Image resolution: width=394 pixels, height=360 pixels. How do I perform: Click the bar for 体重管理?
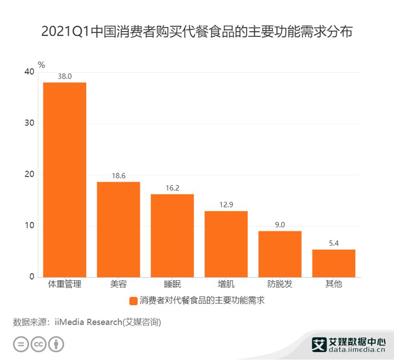tap(64, 180)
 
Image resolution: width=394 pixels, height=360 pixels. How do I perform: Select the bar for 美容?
tap(118, 229)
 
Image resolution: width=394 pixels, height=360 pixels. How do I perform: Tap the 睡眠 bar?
tap(172, 235)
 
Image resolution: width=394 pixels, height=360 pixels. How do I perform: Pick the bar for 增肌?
tap(226, 244)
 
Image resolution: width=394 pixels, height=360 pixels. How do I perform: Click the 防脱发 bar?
tap(280, 254)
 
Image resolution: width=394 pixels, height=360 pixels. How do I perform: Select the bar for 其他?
tap(333, 263)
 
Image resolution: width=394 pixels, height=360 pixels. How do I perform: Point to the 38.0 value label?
tap(64, 77)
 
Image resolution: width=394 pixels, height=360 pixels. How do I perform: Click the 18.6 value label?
tap(118, 176)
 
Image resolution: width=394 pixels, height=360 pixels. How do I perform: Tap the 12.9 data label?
tap(226, 205)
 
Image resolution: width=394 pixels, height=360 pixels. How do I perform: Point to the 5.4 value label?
tap(333, 243)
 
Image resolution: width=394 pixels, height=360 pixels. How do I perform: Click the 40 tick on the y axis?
tap(30, 72)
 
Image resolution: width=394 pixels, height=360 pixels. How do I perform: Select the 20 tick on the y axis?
tap(30, 175)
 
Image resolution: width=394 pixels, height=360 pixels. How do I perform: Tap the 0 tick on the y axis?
tap(32, 277)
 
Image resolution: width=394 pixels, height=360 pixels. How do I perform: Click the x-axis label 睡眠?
tap(172, 284)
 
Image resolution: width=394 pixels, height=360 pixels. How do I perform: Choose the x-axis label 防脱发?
tap(280, 284)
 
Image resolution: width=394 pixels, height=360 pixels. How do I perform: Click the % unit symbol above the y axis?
tap(41, 65)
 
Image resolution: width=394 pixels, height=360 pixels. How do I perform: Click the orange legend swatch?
tap(133, 301)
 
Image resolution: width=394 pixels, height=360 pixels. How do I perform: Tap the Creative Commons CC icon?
tap(39, 344)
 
